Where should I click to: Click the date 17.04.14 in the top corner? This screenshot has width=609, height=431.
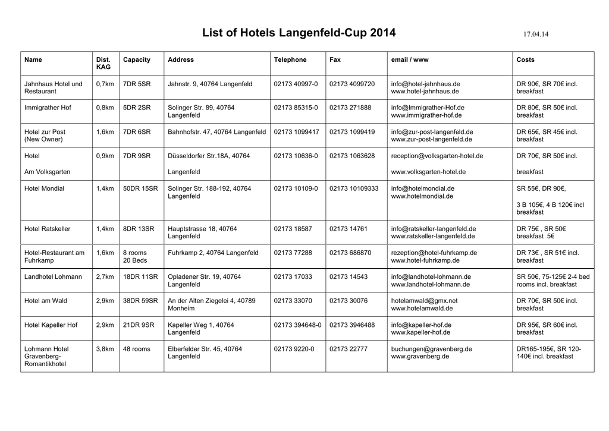(535, 34)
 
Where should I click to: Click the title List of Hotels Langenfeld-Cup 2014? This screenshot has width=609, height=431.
(299, 33)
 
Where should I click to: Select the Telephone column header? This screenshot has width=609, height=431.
(290, 60)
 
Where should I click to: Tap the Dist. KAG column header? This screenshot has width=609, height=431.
(103, 64)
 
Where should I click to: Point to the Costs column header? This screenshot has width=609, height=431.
(525, 60)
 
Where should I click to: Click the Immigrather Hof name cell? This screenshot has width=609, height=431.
(48, 108)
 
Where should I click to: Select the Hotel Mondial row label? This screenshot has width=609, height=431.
(44, 188)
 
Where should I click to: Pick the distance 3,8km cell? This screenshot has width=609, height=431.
(105, 349)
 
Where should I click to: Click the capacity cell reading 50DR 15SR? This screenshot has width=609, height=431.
(140, 188)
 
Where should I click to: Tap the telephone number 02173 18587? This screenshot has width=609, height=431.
(293, 228)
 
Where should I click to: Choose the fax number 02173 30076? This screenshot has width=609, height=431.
(349, 301)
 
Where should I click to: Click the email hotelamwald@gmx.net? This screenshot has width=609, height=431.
(424, 301)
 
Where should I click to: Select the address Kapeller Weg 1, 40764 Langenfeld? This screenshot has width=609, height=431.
(201, 329)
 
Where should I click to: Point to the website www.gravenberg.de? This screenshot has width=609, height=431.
(420, 357)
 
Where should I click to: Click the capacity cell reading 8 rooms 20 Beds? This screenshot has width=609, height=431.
(135, 257)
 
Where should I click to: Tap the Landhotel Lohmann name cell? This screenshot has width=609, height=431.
(53, 277)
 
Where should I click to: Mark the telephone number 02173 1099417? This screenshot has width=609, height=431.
(296, 132)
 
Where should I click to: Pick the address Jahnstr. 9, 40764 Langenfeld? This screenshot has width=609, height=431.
(210, 84)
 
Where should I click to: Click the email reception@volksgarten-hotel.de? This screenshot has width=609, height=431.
(437, 156)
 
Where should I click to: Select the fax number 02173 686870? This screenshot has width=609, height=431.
(350, 253)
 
